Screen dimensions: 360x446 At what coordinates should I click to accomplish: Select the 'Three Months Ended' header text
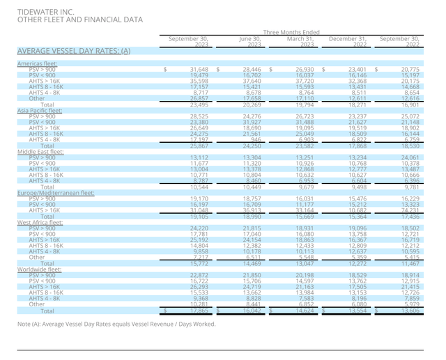click(291, 32)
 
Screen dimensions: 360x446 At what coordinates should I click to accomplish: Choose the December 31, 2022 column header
click(347, 42)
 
